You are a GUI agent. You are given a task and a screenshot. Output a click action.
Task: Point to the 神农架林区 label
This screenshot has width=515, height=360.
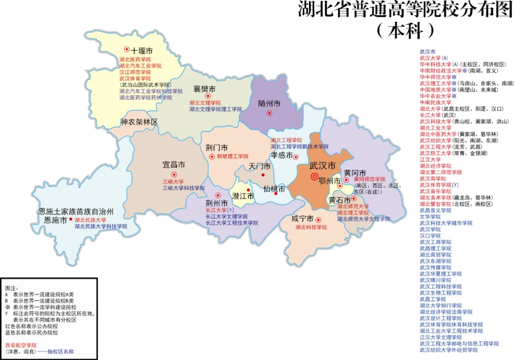pos(139,122)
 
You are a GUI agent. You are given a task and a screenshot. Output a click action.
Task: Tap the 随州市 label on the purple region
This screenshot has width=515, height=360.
pos(269,103)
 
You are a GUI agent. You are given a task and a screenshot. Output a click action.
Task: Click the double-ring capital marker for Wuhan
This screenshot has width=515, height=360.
pos(314,177)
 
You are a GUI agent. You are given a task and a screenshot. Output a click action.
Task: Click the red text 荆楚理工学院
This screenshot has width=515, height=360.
pos(233,156)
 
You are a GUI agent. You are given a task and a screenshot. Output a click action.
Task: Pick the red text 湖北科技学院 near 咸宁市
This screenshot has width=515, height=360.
pos(311,227)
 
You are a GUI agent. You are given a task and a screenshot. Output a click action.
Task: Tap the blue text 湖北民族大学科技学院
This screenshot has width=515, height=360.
pos(101,226)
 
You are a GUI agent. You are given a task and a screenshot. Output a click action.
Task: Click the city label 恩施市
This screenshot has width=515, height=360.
pos(55,220)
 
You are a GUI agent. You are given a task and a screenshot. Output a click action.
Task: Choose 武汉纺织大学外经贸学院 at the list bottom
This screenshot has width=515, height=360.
pos(448,350)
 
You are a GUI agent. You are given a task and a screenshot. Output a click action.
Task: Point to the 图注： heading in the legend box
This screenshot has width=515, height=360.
pos(11,288)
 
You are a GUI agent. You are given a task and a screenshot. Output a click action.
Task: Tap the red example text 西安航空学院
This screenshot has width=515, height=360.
pos(21,345)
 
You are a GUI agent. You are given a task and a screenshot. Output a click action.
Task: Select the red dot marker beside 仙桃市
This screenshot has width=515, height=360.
pos(276,194)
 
